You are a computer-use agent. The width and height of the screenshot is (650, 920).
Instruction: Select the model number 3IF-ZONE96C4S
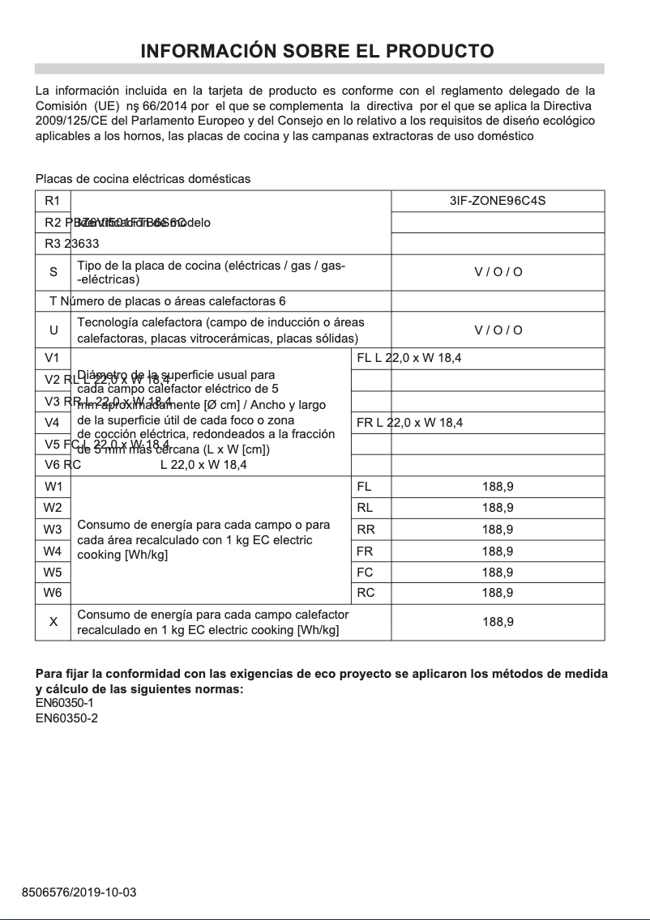click(x=497, y=200)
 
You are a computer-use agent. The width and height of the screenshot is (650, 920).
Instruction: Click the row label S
click(x=53, y=272)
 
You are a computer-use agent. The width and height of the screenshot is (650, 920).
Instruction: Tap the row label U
click(x=53, y=330)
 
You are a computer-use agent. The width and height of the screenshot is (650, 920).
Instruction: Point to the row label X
click(x=53, y=622)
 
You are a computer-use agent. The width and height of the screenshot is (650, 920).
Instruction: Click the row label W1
click(x=53, y=487)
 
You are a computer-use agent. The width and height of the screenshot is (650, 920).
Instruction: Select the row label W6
click(x=53, y=592)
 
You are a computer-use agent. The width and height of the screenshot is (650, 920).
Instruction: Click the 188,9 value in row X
click(x=497, y=622)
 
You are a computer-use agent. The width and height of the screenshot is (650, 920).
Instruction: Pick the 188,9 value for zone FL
click(x=497, y=487)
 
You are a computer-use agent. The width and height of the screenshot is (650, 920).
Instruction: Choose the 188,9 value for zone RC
click(x=497, y=592)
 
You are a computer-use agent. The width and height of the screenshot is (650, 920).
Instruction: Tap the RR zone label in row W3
click(x=366, y=530)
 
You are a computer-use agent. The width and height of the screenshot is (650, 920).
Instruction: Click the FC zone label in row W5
click(x=366, y=572)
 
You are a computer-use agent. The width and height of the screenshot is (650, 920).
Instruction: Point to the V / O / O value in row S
click(x=498, y=272)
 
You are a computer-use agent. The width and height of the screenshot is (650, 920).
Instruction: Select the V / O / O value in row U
click(x=498, y=330)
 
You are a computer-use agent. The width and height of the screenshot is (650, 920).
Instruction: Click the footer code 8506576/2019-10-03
click(x=79, y=892)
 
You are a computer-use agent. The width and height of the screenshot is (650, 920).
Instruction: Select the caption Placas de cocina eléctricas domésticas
click(x=143, y=178)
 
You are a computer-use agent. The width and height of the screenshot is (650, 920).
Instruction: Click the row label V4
click(x=53, y=423)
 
